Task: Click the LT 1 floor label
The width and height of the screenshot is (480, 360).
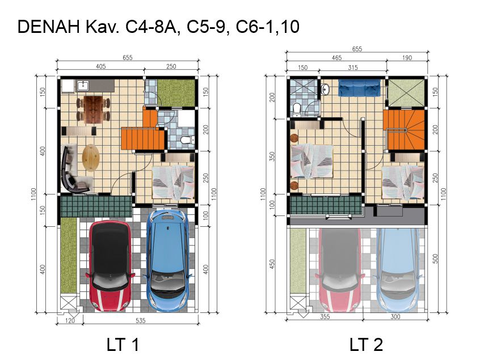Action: pyautogui.click(x=123, y=344)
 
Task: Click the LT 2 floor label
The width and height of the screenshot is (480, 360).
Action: pyautogui.click(x=366, y=344)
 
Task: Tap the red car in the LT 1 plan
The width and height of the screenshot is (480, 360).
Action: pyautogui.click(x=111, y=266)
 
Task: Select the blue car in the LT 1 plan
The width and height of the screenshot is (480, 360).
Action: pyautogui.click(x=168, y=260)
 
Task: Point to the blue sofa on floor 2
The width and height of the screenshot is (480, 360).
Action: pyautogui.click(x=359, y=88)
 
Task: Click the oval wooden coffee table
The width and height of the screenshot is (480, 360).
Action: pyautogui.click(x=91, y=158)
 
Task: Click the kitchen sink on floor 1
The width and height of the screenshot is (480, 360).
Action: pyautogui.click(x=82, y=86)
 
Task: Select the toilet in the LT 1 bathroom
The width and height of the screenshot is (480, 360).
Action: pyautogui.click(x=187, y=140)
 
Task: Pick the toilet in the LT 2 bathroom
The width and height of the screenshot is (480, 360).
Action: pyautogui.click(x=297, y=110)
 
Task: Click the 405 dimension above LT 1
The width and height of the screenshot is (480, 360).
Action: pyautogui.click(x=101, y=66)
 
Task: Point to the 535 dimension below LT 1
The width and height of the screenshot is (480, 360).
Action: pyautogui.click(x=140, y=320)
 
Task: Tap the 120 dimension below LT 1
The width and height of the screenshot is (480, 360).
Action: pyautogui.click(x=70, y=320)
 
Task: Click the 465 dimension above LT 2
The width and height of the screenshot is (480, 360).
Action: pyautogui.click(x=336, y=58)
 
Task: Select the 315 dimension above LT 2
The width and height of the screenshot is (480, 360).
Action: pyautogui.click(x=353, y=67)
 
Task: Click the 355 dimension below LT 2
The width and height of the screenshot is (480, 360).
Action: pyautogui.click(x=325, y=317)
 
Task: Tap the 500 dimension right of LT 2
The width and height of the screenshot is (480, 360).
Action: pyautogui.click(x=435, y=259)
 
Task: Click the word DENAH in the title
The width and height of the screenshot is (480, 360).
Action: pyautogui.click(x=49, y=27)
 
